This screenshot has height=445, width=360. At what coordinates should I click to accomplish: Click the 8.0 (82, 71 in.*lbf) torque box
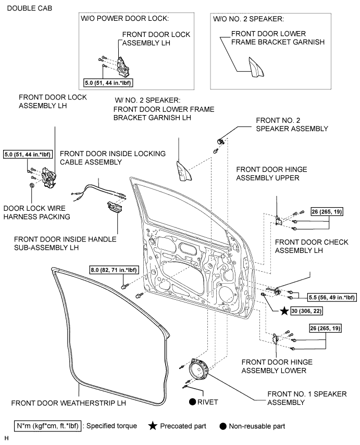point(114,270)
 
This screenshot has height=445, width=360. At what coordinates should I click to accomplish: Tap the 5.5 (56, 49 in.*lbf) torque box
point(332,297)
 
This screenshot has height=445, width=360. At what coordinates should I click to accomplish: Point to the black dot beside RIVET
point(193,402)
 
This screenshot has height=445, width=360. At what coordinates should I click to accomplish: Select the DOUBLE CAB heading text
point(30,8)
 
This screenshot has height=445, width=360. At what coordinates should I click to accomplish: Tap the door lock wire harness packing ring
point(32,185)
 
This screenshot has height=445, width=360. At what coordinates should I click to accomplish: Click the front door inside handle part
point(115,207)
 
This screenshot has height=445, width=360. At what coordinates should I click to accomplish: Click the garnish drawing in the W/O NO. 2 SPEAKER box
point(256,67)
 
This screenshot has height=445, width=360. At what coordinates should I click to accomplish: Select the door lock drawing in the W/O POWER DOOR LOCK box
point(123,67)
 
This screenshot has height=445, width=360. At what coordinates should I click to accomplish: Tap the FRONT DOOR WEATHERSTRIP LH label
point(68,403)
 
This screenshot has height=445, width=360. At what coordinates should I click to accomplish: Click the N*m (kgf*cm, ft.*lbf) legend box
point(47,426)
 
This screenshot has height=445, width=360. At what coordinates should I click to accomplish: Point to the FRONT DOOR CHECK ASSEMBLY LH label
point(312,246)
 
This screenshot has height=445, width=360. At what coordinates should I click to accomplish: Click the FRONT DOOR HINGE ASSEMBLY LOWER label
point(277,366)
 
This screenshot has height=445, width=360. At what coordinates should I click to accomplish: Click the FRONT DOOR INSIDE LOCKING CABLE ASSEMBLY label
point(113,158)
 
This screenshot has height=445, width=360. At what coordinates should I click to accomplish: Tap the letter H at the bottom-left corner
point(7,438)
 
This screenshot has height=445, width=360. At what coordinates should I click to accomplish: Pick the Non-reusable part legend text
point(257,426)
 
